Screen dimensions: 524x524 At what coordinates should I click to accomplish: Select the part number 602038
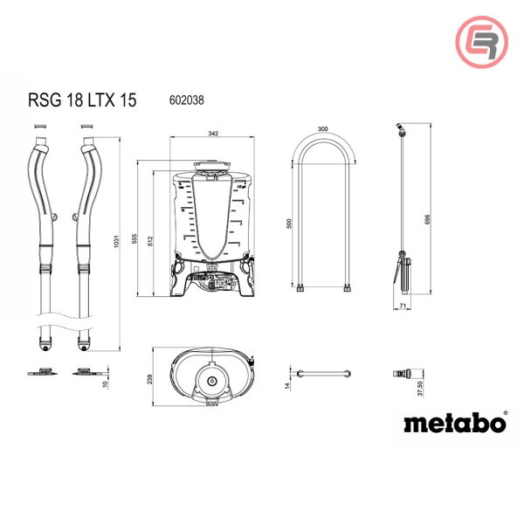click(x=185, y=100)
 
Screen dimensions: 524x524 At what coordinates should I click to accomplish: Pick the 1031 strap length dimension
click(x=117, y=244)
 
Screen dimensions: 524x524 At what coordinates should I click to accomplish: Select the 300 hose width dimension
click(x=323, y=129)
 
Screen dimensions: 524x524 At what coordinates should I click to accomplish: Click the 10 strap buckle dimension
click(x=107, y=383)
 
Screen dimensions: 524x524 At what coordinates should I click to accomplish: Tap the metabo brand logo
click(x=454, y=423)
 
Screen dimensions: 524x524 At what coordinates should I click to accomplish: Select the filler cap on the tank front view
click(x=212, y=167)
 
